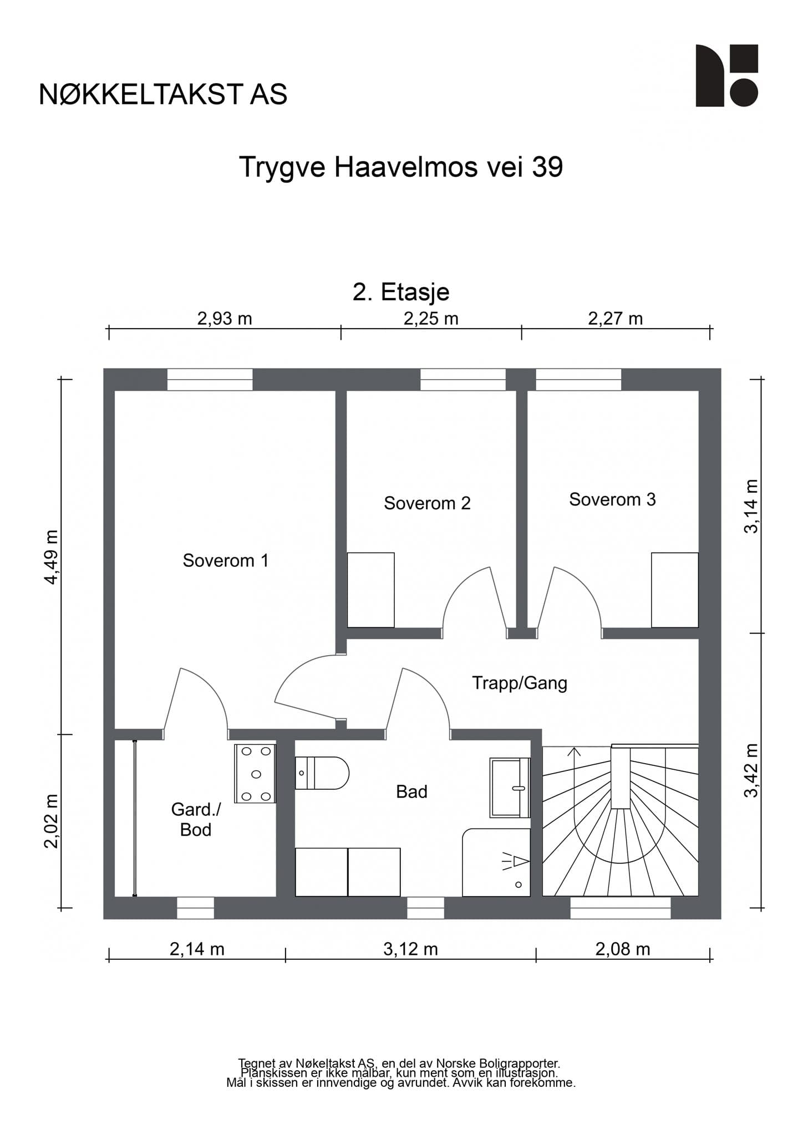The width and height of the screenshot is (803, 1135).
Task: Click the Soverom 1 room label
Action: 226,560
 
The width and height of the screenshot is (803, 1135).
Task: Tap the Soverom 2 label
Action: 427,503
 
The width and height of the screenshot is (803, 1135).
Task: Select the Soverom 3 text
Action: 612,499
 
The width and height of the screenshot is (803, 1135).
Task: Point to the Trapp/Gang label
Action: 520,683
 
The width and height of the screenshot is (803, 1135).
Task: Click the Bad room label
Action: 411,791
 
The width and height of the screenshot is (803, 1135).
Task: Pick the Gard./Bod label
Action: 196,820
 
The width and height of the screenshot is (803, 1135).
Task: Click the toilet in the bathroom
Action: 322,773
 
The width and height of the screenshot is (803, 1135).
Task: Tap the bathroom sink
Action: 510,788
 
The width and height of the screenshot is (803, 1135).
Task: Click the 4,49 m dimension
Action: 51,557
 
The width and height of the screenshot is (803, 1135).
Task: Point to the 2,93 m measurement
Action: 225,319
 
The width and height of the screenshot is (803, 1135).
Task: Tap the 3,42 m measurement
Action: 751,770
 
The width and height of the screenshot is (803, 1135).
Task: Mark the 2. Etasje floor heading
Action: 401,292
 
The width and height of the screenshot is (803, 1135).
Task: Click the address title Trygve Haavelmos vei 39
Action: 401,167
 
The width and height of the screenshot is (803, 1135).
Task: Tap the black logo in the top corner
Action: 727,75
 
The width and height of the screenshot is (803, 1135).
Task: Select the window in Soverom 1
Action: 210,380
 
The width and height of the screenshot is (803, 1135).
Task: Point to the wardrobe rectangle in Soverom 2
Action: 371,590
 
